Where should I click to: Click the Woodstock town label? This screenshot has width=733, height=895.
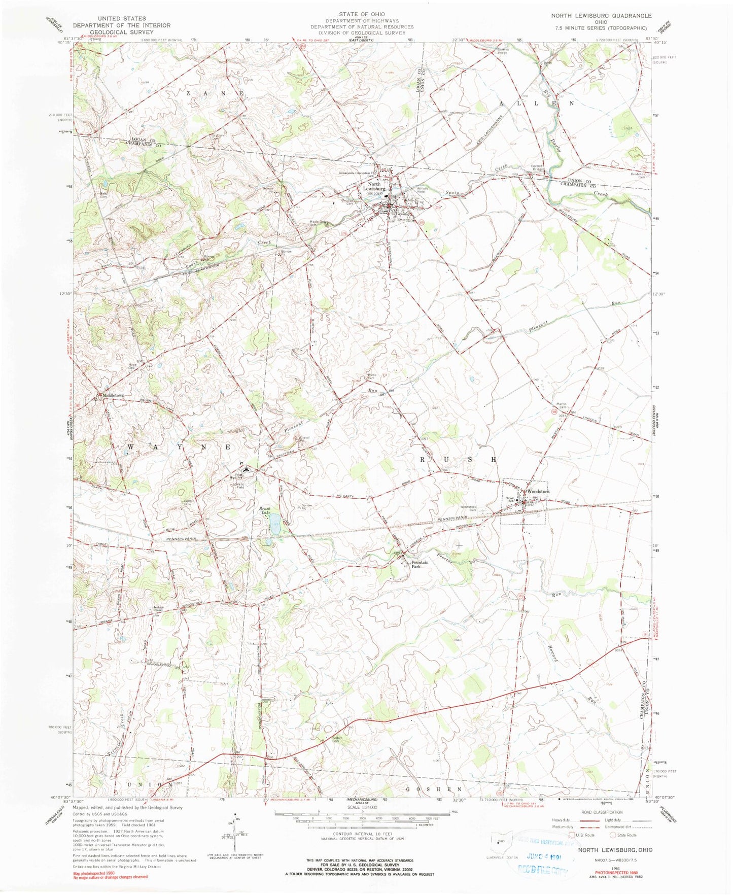(x=538, y=492)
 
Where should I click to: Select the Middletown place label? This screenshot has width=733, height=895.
(x=113, y=395)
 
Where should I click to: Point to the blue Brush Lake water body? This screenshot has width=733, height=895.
(x=274, y=524)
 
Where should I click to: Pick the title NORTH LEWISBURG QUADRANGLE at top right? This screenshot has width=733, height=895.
(x=601, y=16)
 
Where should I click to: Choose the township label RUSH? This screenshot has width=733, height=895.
(x=458, y=459)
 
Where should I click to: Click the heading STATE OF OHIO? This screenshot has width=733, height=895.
(x=363, y=14)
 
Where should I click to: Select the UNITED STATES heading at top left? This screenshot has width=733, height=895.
(x=122, y=18)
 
